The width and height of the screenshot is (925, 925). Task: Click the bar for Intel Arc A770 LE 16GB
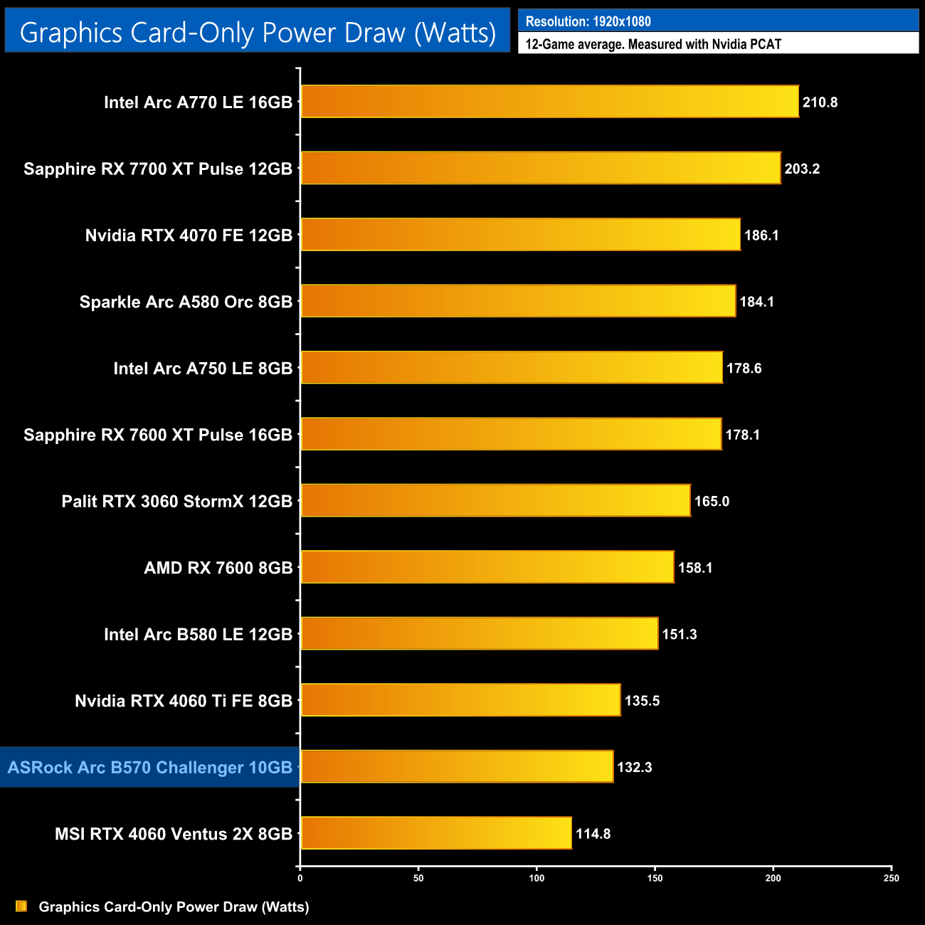pyautogui.click(x=549, y=102)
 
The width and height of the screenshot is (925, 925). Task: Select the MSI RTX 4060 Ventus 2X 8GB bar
pyautogui.click(x=436, y=833)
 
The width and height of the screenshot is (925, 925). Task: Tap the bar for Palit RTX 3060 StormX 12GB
pyautogui.click(x=495, y=501)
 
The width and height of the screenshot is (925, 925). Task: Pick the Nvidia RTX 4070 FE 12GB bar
pyautogui.click(x=520, y=235)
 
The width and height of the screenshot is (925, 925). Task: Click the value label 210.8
pyautogui.click(x=820, y=102)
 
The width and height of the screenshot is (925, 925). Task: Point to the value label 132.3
pyautogui.click(x=634, y=767)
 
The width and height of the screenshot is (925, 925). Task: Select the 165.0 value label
pyautogui.click(x=712, y=501)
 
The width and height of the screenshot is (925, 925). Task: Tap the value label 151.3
pyautogui.click(x=680, y=634)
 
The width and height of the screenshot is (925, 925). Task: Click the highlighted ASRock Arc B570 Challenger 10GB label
pyautogui.click(x=150, y=767)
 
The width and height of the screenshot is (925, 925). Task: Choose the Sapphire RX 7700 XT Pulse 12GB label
pyautogui.click(x=158, y=169)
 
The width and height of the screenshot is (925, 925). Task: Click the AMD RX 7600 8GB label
pyautogui.click(x=218, y=568)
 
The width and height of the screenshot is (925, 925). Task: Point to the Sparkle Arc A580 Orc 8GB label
pyautogui.click(x=186, y=302)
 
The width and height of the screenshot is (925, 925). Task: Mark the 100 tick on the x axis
pyautogui.click(x=536, y=878)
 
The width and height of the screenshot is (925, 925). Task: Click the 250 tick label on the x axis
pyautogui.click(x=891, y=878)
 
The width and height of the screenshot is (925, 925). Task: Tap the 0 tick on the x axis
pyautogui.click(x=300, y=878)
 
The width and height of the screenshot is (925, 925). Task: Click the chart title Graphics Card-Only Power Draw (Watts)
pyautogui.click(x=258, y=33)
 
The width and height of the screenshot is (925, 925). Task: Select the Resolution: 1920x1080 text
pyautogui.click(x=588, y=21)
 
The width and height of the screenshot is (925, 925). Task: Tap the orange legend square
pyautogui.click(x=21, y=906)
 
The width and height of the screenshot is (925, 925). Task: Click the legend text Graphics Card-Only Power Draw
pyautogui.click(x=174, y=906)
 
